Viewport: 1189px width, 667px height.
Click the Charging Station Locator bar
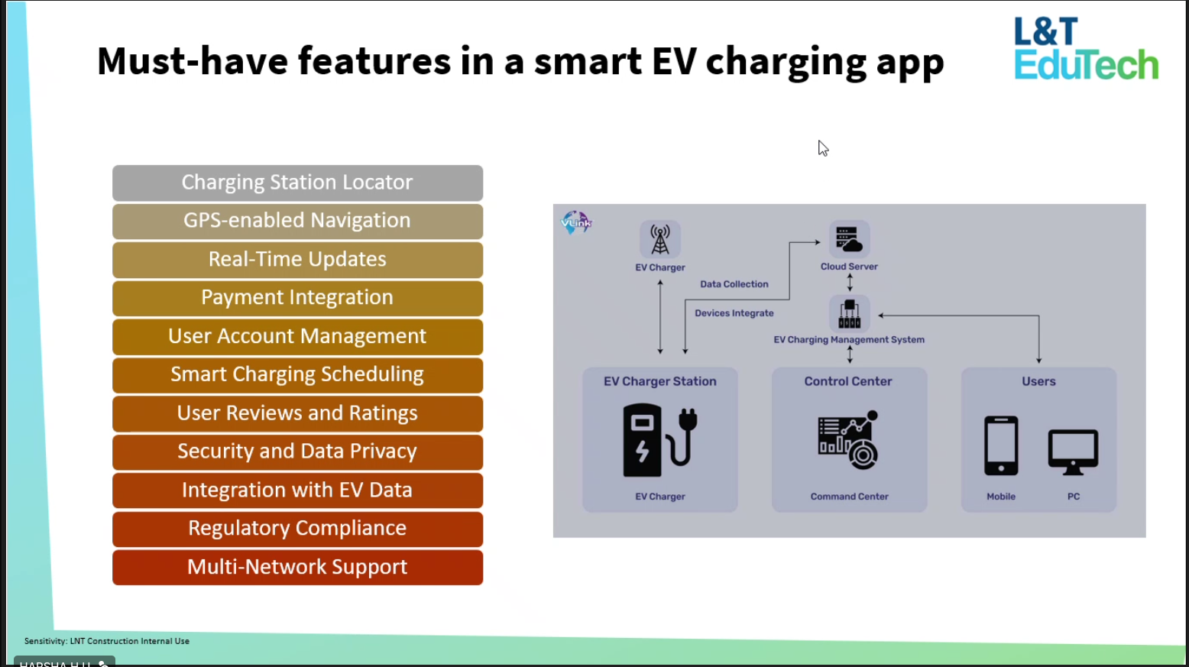tap(297, 183)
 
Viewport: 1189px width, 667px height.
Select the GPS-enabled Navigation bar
tap(297, 221)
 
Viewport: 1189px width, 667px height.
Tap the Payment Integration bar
tap(297, 298)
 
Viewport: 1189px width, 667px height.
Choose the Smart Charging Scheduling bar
tap(297, 374)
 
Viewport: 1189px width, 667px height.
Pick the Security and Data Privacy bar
tap(297, 452)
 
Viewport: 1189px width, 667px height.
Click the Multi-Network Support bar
tap(297, 567)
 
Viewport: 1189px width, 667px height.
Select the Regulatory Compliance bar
tap(297, 529)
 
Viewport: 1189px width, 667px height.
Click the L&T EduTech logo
tap(1085, 49)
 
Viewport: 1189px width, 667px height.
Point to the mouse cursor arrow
tap(822, 147)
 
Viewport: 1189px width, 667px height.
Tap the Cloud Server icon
tap(849, 239)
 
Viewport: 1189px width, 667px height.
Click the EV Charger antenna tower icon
tap(660, 239)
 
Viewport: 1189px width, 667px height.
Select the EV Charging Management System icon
tap(849, 313)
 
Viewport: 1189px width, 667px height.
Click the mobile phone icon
tap(1001, 445)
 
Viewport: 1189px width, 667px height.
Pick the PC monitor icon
tap(1073, 451)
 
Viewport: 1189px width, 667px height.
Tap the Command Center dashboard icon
tap(848, 441)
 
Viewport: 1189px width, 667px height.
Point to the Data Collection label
tap(734, 284)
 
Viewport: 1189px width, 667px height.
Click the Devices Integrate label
tap(734, 313)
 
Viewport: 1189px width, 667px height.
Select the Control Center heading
tap(848, 381)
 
